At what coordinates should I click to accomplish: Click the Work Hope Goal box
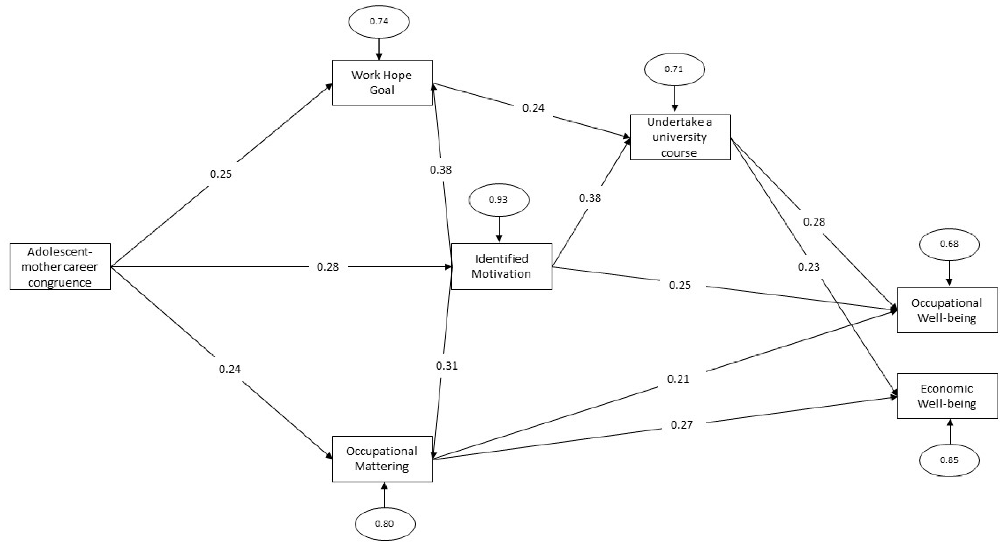(382, 82)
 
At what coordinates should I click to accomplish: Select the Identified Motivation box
(501, 266)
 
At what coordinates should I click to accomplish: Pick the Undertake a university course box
(680, 137)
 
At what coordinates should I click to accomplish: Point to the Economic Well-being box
(947, 396)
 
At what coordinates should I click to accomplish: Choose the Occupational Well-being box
(947, 310)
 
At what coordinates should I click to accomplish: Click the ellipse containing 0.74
(379, 22)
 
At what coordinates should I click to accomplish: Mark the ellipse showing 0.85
(949, 460)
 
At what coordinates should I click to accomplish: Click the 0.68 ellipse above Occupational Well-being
(949, 244)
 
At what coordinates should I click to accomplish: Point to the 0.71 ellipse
(674, 69)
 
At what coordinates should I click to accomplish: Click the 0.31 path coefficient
(447, 366)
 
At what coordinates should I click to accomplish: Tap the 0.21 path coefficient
(678, 379)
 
